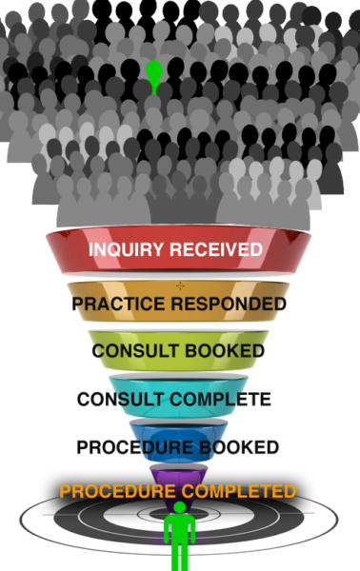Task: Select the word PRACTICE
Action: click(120, 305)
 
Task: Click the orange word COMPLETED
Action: click(240, 492)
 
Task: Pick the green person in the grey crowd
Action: click(153, 76)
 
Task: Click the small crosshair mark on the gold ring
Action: click(180, 285)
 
